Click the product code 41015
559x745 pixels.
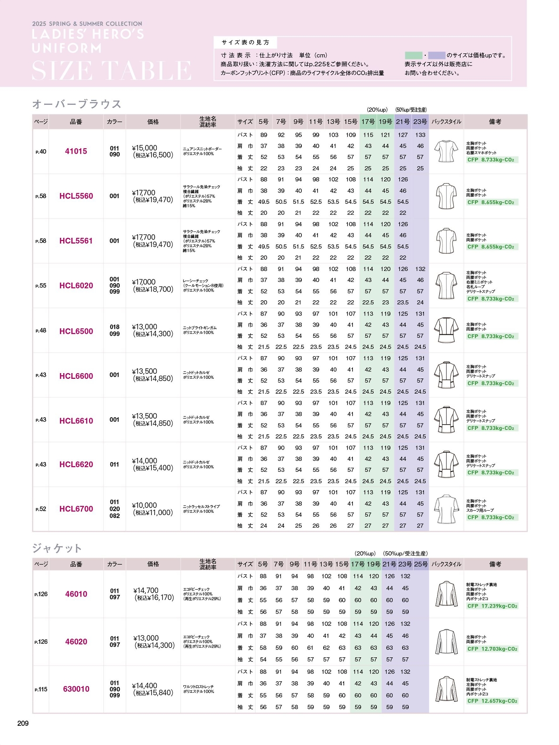point(76,151)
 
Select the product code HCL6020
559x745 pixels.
point(76,286)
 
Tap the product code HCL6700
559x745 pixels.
point(76,509)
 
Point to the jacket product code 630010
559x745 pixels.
point(76,689)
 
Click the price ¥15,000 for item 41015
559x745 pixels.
point(145,148)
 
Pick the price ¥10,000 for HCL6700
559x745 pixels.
point(145,505)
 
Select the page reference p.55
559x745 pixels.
point(41,286)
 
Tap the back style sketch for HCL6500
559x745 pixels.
point(446,330)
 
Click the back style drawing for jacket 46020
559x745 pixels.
point(446,642)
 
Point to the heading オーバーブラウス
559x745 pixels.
point(77,104)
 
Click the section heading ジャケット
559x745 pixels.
point(57,548)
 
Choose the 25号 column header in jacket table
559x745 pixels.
point(421,564)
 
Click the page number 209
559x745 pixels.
point(23,724)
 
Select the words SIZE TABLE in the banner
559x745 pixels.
point(112,71)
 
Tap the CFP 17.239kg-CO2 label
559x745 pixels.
point(492,606)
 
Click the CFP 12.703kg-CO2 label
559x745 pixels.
point(492,649)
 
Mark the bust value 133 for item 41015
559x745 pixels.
point(420,135)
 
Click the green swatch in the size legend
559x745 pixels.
point(413,55)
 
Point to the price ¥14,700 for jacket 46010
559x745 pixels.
point(146,591)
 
